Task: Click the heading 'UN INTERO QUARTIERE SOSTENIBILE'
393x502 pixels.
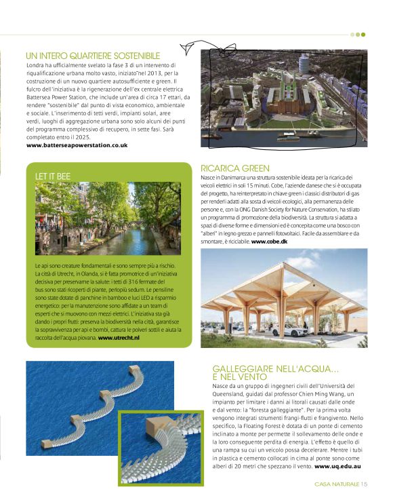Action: click(x=93, y=55)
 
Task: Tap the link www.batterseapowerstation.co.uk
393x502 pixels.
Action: click(x=77, y=145)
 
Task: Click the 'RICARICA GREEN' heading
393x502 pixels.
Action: click(x=235, y=168)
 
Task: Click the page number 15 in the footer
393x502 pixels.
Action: click(x=364, y=484)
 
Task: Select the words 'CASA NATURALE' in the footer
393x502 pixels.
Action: click(x=337, y=484)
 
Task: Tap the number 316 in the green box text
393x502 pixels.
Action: click(x=138, y=280)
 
